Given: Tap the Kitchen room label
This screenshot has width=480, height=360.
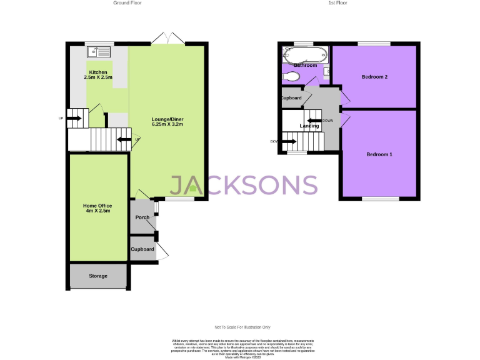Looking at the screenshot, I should pyautogui.click(x=99, y=74).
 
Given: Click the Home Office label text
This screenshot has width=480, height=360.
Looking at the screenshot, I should pyautogui.click(x=97, y=207).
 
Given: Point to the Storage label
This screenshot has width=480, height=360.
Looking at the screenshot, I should pyautogui.click(x=97, y=276).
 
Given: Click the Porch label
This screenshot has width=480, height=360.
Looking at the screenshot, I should pyautogui.click(x=142, y=217).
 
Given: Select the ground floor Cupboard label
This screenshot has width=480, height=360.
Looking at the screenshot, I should pyautogui.click(x=142, y=249).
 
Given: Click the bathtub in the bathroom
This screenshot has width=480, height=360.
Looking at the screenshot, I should pyautogui.click(x=304, y=53).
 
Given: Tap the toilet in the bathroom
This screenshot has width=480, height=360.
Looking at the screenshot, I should pyautogui.click(x=290, y=77).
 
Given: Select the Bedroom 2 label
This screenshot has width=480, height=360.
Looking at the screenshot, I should pyautogui.click(x=374, y=77).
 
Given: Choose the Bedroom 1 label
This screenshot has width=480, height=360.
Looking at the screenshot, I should pyautogui.click(x=379, y=154).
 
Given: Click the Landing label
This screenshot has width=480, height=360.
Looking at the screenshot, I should pyautogui.click(x=309, y=126).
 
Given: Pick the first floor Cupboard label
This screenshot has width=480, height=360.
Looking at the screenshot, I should pyautogui.click(x=291, y=98).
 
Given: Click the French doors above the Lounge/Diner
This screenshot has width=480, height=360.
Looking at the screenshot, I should pyautogui.click(x=167, y=39).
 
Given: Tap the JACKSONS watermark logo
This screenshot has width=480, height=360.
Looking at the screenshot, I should pyautogui.click(x=244, y=185).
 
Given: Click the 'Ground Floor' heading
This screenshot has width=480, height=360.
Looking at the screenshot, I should pyautogui.click(x=127, y=3).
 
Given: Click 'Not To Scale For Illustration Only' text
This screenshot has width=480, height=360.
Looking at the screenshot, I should pyautogui.click(x=242, y=327).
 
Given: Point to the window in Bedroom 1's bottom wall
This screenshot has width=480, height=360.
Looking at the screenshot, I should pyautogui.click(x=380, y=199).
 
